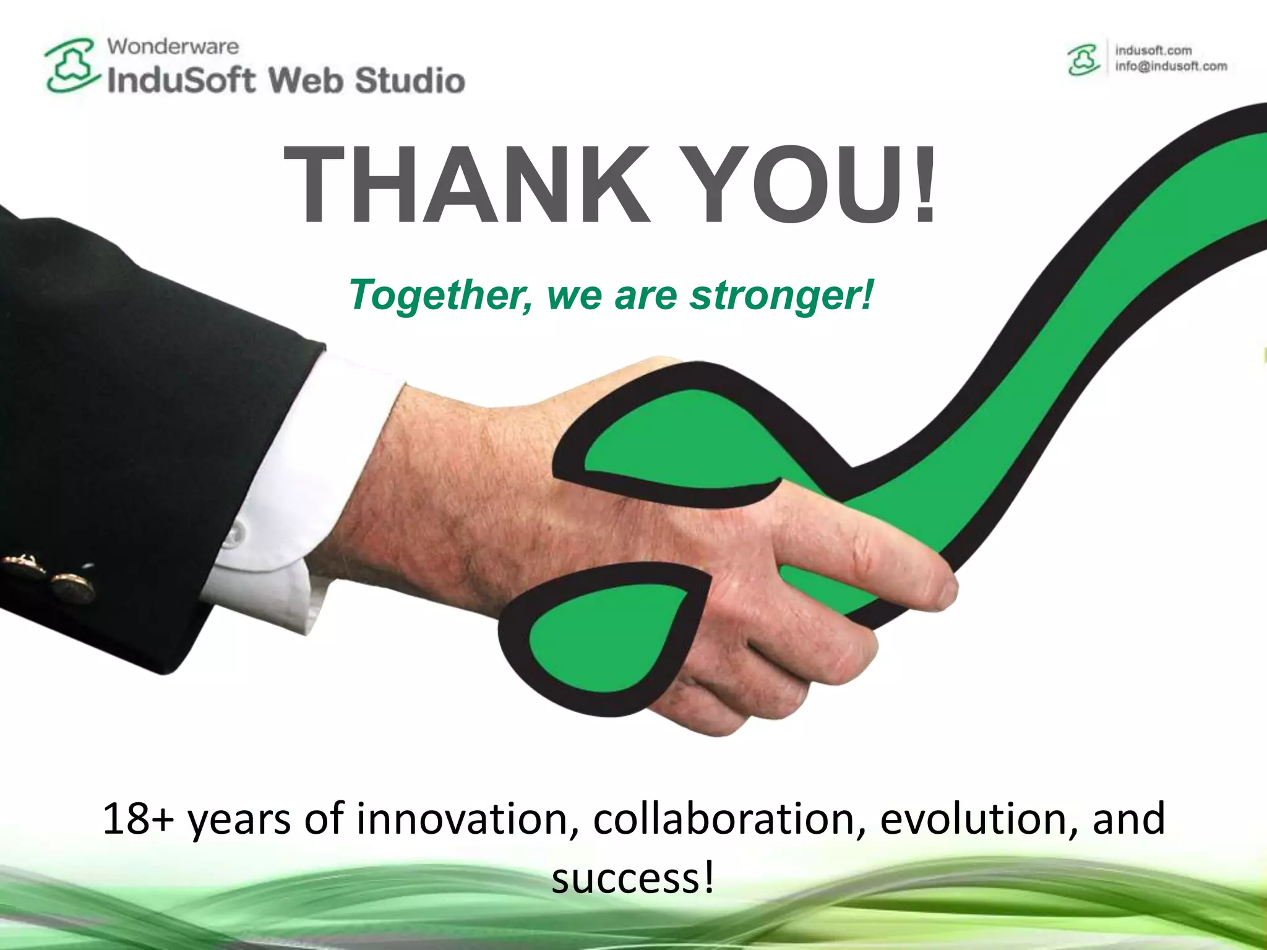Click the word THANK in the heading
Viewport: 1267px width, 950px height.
467,184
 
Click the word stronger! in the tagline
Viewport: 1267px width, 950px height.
782,295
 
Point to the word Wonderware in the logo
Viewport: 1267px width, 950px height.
173,46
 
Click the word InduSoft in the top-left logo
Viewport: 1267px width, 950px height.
181,81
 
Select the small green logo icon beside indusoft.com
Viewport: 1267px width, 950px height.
1083,59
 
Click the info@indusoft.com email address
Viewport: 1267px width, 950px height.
1171,66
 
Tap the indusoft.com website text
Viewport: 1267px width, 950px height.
1153,50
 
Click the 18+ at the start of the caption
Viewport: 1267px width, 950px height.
138,819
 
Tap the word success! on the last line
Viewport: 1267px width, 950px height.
633,878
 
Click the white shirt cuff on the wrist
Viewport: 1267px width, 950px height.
291,489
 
